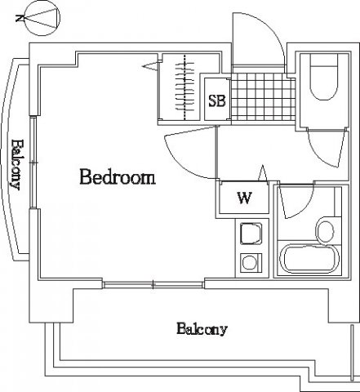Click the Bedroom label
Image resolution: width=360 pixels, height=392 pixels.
[118, 177]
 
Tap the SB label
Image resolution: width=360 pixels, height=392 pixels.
[217, 100]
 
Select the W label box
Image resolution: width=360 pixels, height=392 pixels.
[244, 198]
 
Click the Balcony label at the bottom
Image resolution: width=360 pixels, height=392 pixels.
[202, 329]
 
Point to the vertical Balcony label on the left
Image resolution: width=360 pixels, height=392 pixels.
[16, 165]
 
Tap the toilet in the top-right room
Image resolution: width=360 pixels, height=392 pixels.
[324, 77]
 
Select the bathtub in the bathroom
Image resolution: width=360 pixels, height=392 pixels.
[309, 259]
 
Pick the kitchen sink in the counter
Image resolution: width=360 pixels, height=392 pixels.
[251, 234]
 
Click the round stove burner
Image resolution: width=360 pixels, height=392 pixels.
[250, 262]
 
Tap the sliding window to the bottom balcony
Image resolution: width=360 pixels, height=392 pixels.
[153, 285]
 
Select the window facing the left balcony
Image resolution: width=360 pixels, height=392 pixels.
[33, 163]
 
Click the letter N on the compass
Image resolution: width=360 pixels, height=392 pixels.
[20, 19]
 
